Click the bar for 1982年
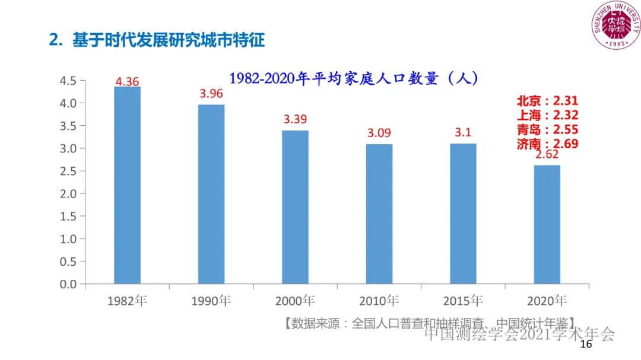[x=127, y=185]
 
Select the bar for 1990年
[x=211, y=194]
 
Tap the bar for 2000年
[x=295, y=207]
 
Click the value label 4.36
[x=127, y=82]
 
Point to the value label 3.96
[x=211, y=94]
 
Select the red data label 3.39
[x=295, y=119]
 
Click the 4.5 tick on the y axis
[x=69, y=81]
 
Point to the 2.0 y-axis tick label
[x=69, y=193]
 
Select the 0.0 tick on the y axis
[x=69, y=284]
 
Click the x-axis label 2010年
[x=379, y=301]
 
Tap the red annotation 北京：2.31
[x=547, y=101]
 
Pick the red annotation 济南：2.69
[x=547, y=144]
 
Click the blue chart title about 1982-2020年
[x=354, y=78]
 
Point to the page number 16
[x=586, y=345]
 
